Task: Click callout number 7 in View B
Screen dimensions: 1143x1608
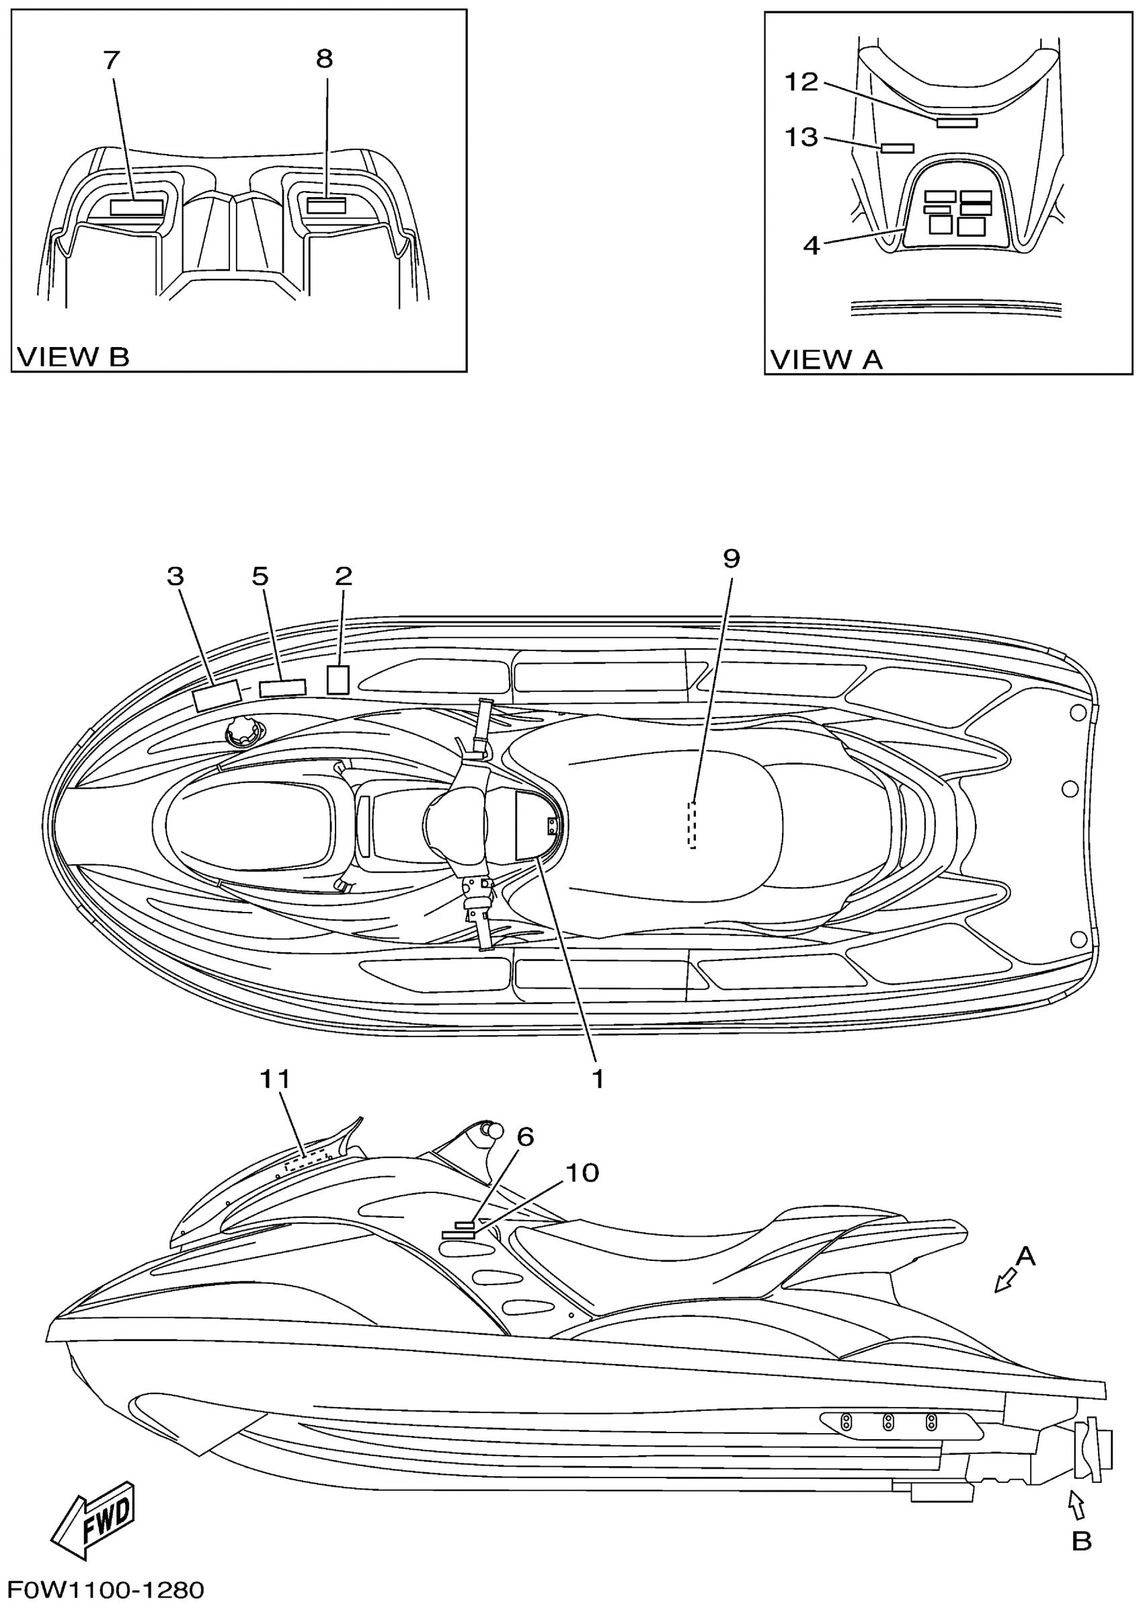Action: click(111, 61)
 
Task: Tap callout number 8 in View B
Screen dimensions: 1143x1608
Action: click(324, 59)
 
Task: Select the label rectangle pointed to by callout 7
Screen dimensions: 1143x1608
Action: click(137, 207)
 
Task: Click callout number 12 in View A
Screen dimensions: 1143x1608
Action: click(801, 82)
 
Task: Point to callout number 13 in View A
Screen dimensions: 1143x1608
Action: click(801, 137)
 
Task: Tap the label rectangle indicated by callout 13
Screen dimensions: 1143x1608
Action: click(898, 148)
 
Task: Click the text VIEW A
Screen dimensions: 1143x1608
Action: click(826, 360)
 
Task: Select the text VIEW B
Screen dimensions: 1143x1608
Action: click(73, 357)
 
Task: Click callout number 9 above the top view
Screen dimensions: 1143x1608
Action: click(732, 559)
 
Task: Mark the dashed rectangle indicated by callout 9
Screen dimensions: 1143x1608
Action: click(692, 825)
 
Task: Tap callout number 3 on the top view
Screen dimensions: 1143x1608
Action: click(175, 576)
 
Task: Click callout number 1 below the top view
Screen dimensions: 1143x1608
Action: click(598, 1079)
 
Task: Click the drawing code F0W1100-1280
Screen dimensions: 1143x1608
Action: click(106, 1590)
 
